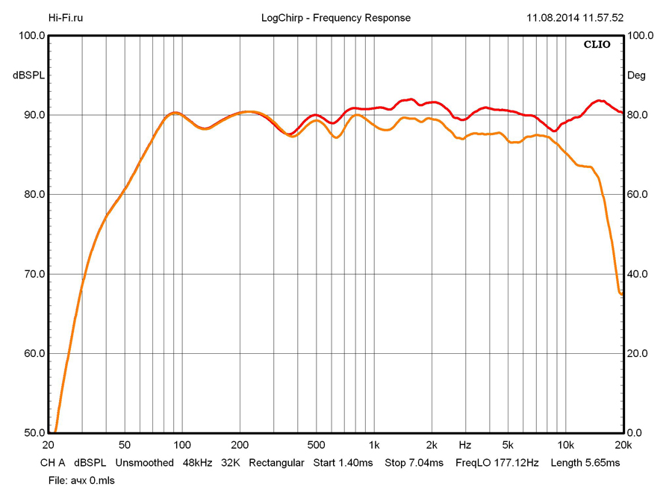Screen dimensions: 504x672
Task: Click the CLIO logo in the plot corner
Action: coord(597,45)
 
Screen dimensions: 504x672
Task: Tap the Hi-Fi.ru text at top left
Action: coord(66,18)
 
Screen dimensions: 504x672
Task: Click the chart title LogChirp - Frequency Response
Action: coord(336,18)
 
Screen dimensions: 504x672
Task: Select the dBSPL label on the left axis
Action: coord(28,75)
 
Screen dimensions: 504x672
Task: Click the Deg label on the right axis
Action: coord(637,75)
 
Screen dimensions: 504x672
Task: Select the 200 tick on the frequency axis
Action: coord(239,444)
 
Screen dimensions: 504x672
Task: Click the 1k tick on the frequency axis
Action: coord(374,444)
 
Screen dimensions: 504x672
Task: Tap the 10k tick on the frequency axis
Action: coord(565,444)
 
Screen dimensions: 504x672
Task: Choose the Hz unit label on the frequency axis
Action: coord(465,444)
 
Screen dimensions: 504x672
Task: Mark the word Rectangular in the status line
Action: coord(276,463)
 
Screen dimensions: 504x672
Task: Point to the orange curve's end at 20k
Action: coord(622,294)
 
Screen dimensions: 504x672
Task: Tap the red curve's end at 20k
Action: coord(622,113)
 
